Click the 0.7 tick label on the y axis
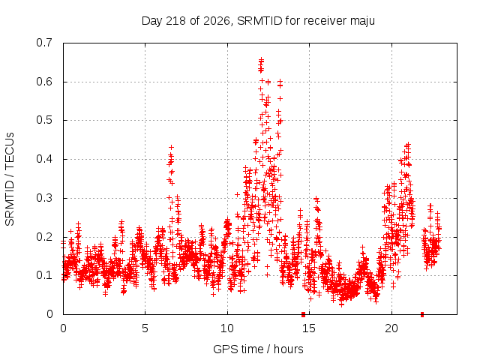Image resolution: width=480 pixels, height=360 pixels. (x=44, y=43)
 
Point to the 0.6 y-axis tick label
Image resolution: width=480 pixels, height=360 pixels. (x=44, y=82)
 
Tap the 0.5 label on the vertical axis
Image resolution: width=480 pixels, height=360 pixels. (x=44, y=120)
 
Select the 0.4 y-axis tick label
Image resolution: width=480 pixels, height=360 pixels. (x=44, y=159)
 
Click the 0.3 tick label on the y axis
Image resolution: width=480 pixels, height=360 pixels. (x=44, y=198)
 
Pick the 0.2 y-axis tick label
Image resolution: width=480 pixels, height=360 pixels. (x=44, y=237)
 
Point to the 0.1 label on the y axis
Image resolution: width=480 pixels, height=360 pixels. (x=44, y=275)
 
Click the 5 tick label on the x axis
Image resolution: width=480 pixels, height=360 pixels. (x=145, y=328)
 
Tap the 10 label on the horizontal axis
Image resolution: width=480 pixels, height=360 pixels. (x=227, y=328)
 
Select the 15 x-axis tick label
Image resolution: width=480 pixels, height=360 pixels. (x=309, y=328)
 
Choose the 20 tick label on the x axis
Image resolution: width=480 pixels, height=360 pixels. (x=391, y=328)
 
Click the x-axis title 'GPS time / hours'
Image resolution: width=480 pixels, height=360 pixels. (x=258, y=349)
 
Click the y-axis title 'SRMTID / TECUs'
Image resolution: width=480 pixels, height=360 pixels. (x=10, y=179)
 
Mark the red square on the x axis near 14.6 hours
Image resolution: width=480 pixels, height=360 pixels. (x=303, y=314)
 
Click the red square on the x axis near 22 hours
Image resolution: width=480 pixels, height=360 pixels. (x=422, y=314)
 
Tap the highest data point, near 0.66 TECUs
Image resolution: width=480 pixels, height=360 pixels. (x=261, y=59)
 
